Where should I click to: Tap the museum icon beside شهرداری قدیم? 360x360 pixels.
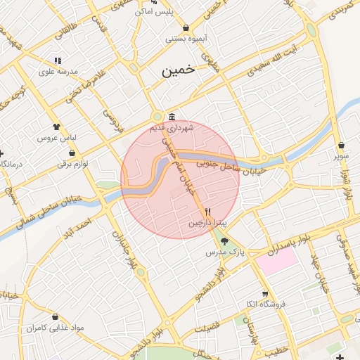click(172, 117)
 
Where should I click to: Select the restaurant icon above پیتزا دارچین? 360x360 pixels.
click(207, 212)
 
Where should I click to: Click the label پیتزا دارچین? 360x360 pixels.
click(207, 223)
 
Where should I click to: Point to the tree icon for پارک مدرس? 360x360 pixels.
click(225, 240)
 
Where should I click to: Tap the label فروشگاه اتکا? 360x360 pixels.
click(264, 304)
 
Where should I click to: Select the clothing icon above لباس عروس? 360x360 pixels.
click(57, 127)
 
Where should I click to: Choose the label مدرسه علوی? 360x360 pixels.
click(58, 72)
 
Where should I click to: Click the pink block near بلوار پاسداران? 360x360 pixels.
click(276, 262)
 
